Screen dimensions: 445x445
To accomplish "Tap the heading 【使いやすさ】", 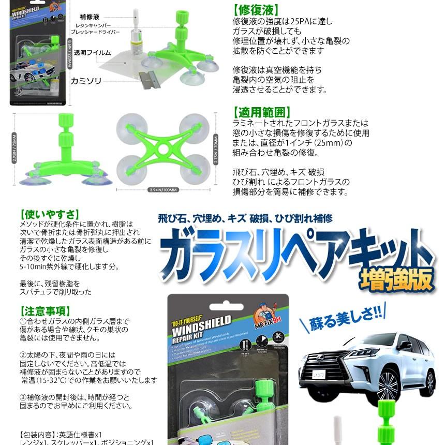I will [49, 214].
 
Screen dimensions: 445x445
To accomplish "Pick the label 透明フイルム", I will [92, 53].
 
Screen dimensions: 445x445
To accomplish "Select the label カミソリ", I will [87, 81].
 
